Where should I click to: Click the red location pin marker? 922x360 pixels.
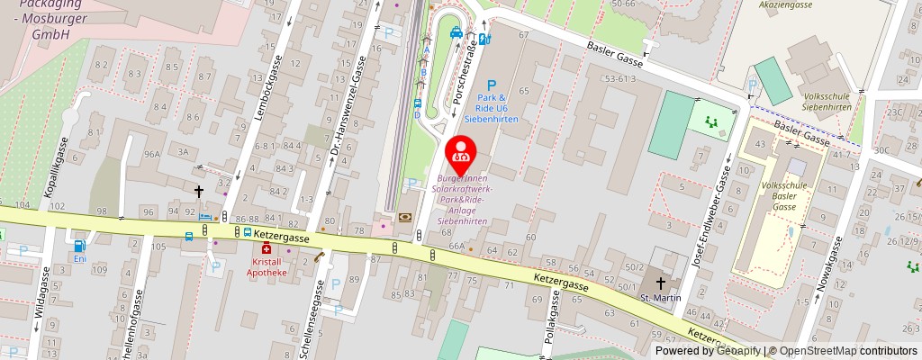pyautogui.click(x=462, y=157)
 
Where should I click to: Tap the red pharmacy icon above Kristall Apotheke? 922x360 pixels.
pyautogui.click(x=267, y=248)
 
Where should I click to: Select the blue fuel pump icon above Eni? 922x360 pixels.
pyautogui.click(x=80, y=245)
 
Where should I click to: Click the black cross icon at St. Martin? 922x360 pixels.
pyautogui.click(x=662, y=282)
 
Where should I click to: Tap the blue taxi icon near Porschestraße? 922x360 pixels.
pyautogui.click(x=456, y=33)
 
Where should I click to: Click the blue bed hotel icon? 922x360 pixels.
pyautogui.click(x=205, y=217)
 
